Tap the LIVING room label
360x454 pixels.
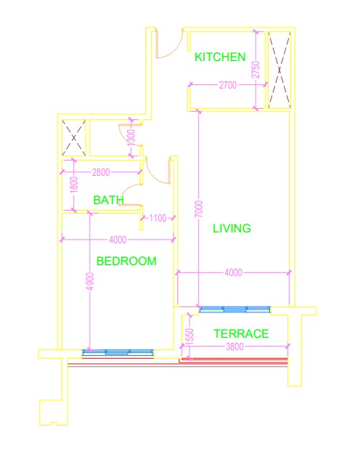pos(232,228)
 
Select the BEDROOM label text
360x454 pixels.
pos(126,261)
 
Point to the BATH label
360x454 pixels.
pos(108,200)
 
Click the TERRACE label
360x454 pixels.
pos(241,334)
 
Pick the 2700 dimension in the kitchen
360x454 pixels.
pos(227,86)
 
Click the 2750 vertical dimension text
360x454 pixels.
pos(255,70)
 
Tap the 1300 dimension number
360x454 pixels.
pos(131,136)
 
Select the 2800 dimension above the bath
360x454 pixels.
pos(102,173)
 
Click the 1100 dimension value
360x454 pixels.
pos(157,217)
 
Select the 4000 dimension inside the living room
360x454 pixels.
pos(233,272)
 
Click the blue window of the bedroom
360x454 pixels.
pos(118,353)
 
